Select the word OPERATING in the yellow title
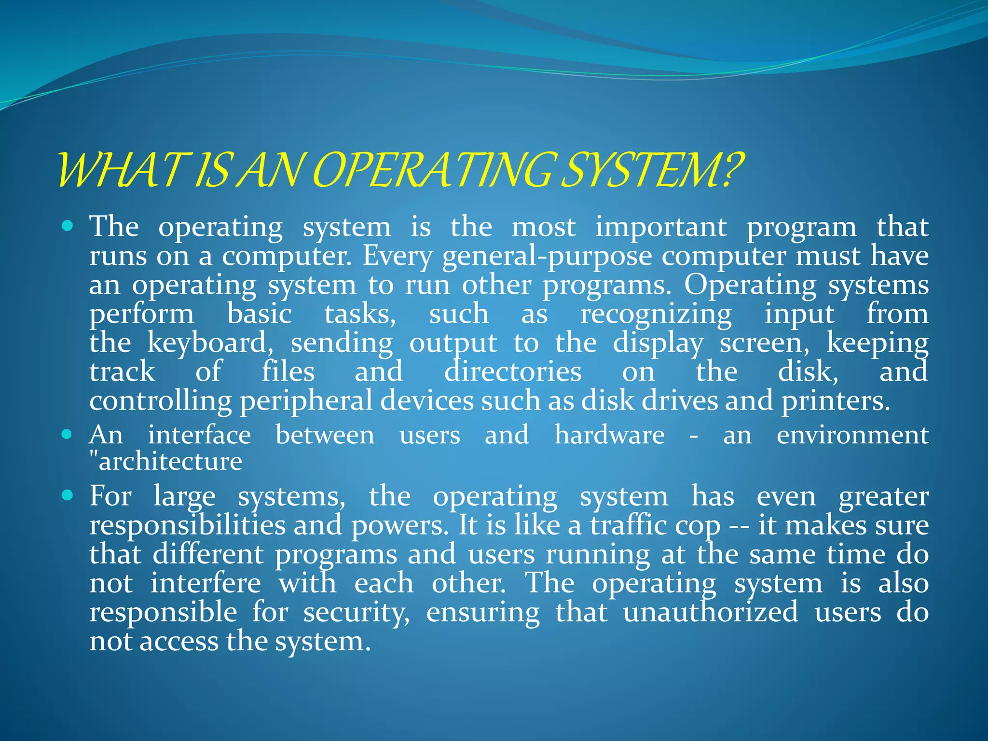click(434, 170)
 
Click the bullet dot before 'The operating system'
click(68, 225)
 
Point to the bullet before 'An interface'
click(68, 434)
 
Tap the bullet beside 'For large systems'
click(68, 495)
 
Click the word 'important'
click(660, 227)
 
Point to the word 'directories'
click(513, 372)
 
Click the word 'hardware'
click(610, 435)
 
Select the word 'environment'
click(852, 435)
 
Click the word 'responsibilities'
click(188, 525)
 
